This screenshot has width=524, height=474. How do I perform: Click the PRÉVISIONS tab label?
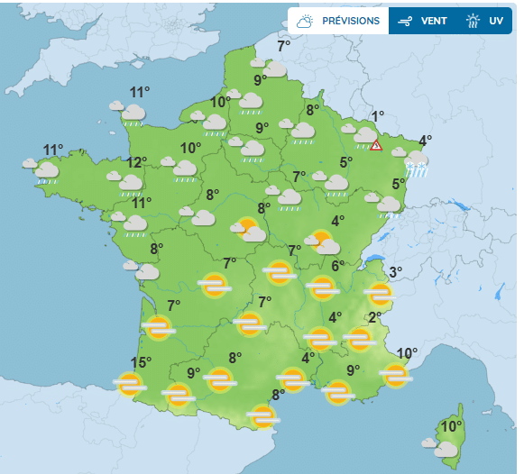(x=351, y=21)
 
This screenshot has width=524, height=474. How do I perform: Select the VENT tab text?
(x=435, y=21)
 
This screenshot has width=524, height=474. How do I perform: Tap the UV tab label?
(x=494, y=21)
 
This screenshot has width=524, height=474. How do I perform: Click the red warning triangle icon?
(x=376, y=144)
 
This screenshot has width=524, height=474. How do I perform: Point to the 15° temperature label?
(x=141, y=363)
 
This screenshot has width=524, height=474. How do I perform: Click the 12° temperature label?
(x=137, y=162)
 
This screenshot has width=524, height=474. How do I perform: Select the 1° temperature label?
(x=378, y=115)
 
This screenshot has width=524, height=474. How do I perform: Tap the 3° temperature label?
(x=395, y=272)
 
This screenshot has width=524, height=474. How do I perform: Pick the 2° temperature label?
(x=376, y=317)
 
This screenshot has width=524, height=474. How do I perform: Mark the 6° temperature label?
(x=337, y=265)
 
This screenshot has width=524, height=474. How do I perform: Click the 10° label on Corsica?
(x=451, y=426)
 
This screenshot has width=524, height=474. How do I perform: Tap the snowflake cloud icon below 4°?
(x=416, y=160)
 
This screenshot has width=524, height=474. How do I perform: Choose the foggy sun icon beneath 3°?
(x=381, y=294)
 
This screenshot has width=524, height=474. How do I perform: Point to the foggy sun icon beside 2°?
(x=359, y=339)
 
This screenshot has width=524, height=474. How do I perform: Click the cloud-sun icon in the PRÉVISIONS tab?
(x=306, y=21)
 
